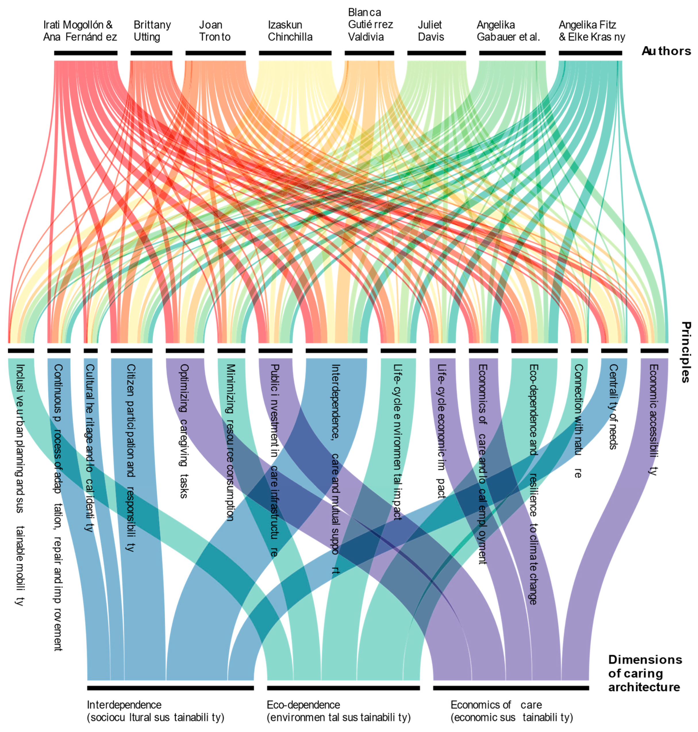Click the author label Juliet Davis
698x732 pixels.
pos(430,31)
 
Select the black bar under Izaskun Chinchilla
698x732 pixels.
pos(295,53)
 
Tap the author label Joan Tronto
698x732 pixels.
pos(215,31)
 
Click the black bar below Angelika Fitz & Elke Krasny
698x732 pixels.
pos(590,53)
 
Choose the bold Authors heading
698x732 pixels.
pos(666,51)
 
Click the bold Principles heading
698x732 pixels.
pos(686,352)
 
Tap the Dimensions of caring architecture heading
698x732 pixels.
pos(645,673)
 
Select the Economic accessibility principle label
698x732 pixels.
pos(653,419)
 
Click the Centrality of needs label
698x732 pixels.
pos(613,407)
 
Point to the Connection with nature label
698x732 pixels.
pos(578,421)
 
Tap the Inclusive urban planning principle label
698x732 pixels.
pos(20,484)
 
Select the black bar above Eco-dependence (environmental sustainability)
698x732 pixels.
pos(343,688)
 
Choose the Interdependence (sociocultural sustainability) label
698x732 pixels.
pos(155,711)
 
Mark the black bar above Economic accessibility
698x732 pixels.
pos(654,351)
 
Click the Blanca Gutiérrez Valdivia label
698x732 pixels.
pos(370,24)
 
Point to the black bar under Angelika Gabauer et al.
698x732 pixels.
pos(512,53)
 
